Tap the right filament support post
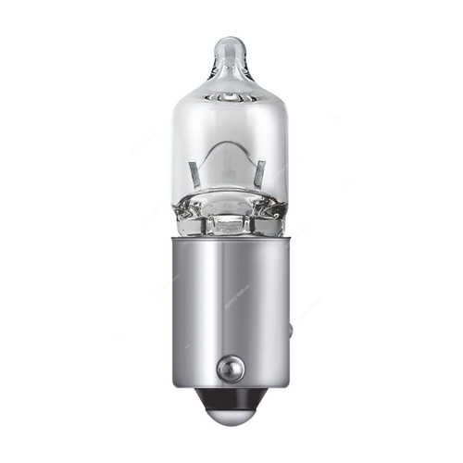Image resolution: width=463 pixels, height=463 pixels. coord(261,172)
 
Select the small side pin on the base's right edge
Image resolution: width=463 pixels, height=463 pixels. coord(292,330)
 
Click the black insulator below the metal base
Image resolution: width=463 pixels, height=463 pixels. coord(230,402)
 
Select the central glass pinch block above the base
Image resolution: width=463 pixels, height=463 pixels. coord(229,222)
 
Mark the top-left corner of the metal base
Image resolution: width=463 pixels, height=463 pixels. coord(173,238)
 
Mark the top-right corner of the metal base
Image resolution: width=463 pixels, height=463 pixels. coord(288,238)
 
